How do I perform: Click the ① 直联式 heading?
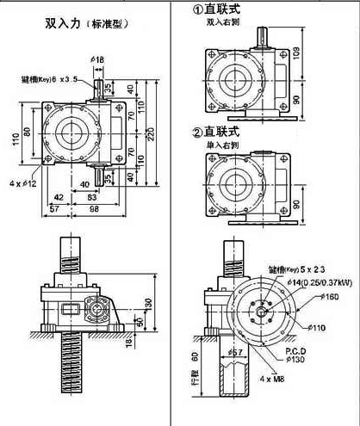coord(222,10)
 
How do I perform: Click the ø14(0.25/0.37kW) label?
coord(305,281)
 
